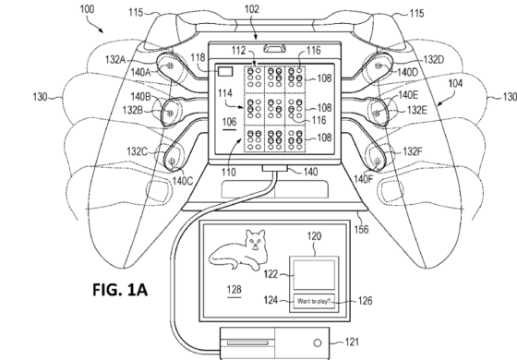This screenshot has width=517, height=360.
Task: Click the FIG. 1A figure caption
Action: (x=120, y=290)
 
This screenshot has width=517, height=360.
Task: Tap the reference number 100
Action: (x=87, y=9)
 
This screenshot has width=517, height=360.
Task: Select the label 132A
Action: (x=115, y=60)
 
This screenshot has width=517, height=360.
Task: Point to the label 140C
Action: (x=183, y=181)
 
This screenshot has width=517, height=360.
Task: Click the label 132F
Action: (x=413, y=151)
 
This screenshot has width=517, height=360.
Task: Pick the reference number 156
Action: (x=361, y=229)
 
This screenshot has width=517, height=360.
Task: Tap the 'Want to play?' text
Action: (x=313, y=301)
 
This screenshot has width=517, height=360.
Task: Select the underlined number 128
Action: (x=234, y=290)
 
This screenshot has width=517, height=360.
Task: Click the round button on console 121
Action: (x=318, y=342)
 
